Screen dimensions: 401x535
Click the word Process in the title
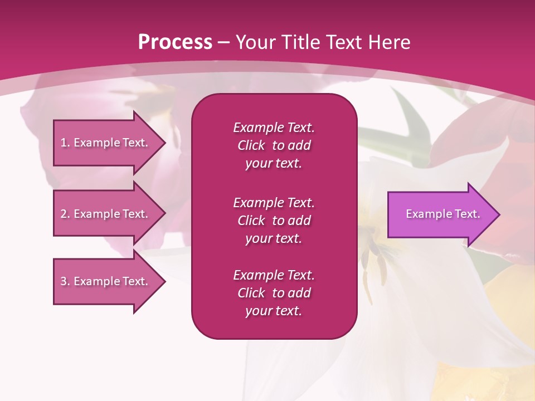(175, 42)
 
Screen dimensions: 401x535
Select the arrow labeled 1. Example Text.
(106, 143)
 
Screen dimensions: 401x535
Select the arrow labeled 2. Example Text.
(106, 214)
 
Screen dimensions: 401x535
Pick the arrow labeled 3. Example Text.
(106, 281)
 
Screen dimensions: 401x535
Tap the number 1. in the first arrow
(65, 143)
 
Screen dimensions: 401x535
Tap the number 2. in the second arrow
(65, 214)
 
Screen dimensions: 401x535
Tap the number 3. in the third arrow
(65, 281)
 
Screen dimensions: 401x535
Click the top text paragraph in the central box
(274, 145)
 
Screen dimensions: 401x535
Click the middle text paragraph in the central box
(274, 221)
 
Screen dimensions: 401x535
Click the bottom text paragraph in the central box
(274, 293)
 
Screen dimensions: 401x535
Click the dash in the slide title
(223, 42)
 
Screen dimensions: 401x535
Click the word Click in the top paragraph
(251, 145)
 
